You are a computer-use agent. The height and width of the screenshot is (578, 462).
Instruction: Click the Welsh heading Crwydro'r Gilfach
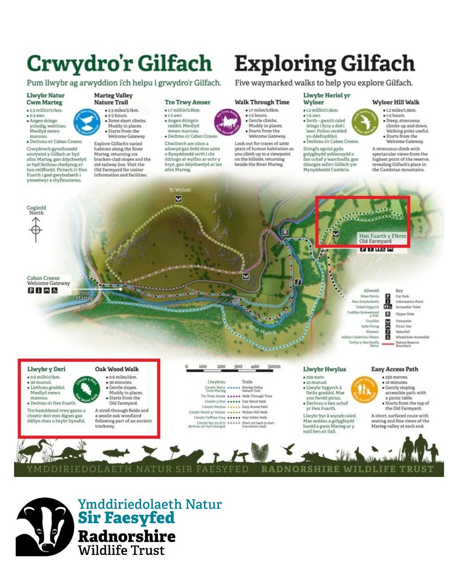coord(119,64)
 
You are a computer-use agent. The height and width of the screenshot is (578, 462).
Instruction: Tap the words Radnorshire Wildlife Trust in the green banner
coord(347,469)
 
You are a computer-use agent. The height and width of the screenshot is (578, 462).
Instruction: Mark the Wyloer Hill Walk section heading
coord(396,103)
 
